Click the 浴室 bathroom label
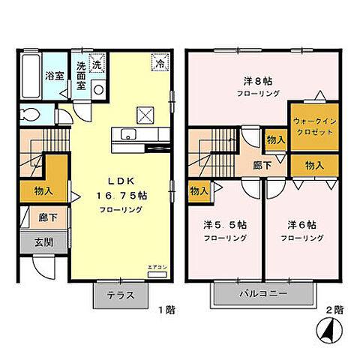pyautogui.click(x=53, y=76)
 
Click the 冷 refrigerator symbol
pyautogui.click(x=159, y=64)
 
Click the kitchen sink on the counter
pyautogui.click(x=127, y=136)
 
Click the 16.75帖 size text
pyautogui.click(x=122, y=195)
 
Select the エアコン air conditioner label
pyautogui.click(x=157, y=266)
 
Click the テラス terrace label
pyautogui.click(x=120, y=295)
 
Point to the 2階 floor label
pyautogui.click(x=334, y=308)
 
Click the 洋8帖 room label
pyautogui.click(x=256, y=81)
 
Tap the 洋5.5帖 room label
pyautogui.click(x=223, y=224)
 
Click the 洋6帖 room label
pyautogui.click(x=301, y=224)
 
